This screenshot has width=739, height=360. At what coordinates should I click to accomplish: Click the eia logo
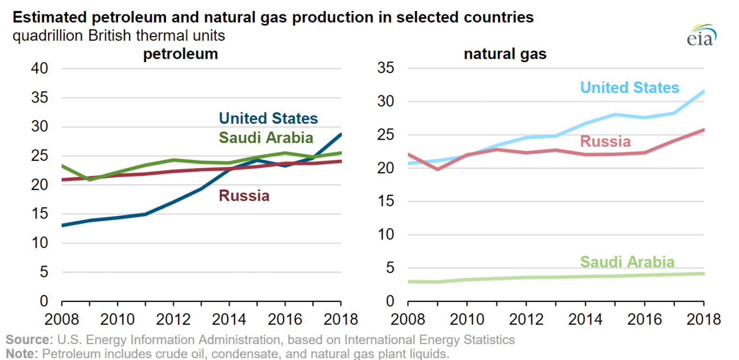(701, 35)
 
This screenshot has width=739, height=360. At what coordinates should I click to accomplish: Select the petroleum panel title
(180, 53)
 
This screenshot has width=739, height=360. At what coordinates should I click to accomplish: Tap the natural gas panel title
(505, 53)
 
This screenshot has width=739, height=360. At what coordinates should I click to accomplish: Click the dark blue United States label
(268, 118)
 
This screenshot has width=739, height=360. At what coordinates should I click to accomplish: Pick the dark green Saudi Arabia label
(266, 138)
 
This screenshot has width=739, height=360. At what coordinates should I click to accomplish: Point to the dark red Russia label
(244, 196)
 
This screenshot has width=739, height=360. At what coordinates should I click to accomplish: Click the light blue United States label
(629, 87)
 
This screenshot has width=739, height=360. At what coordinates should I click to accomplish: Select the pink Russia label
(605, 141)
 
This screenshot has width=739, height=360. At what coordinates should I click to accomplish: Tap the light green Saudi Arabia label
(627, 262)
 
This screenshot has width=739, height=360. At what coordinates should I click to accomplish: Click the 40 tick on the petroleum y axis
(40, 69)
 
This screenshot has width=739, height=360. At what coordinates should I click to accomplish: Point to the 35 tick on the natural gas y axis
(386, 69)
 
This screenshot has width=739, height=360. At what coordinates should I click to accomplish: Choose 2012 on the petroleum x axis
(173, 320)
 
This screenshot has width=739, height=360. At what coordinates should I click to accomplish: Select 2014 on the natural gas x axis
(585, 320)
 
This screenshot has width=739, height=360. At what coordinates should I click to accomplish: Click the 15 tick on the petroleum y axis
(40, 215)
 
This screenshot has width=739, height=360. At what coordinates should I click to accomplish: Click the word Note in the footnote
(21, 354)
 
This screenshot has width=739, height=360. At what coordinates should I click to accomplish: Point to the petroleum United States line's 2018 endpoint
(341, 134)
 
